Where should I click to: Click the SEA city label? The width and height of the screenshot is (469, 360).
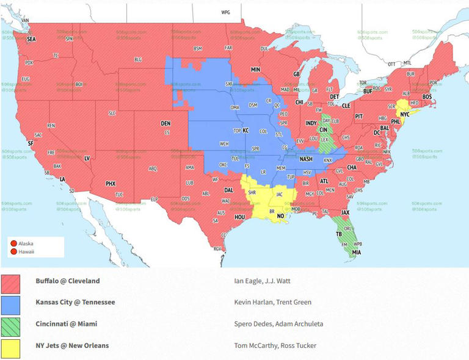(x=31, y=38)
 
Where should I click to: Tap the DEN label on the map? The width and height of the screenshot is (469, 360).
(x=165, y=123)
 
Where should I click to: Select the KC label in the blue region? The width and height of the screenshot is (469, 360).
(x=246, y=131)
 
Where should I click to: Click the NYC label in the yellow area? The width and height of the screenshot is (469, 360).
(x=405, y=114)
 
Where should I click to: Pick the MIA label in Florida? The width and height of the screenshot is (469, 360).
(x=355, y=252)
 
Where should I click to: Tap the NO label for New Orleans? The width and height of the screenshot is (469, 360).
(x=280, y=216)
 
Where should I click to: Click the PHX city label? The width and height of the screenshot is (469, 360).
(x=111, y=183)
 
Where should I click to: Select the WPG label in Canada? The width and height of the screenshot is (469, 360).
(x=226, y=12)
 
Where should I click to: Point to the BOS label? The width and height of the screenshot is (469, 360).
(x=427, y=96)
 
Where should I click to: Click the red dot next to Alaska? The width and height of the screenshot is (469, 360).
(x=13, y=243)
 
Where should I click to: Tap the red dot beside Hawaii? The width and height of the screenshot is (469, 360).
(x=13, y=251)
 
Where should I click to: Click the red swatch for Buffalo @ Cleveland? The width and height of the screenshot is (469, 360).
(x=10, y=283)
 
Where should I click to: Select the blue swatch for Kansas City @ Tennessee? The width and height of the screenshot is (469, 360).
(x=10, y=304)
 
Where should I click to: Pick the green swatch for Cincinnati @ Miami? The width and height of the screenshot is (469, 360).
(x=10, y=326)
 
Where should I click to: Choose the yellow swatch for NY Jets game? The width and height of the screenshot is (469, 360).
(x=10, y=348)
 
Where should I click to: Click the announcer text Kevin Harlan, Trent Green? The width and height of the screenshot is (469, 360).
(x=272, y=302)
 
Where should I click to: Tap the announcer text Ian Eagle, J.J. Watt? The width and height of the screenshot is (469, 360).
(x=263, y=281)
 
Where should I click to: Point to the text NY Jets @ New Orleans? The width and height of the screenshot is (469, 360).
(x=72, y=345)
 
